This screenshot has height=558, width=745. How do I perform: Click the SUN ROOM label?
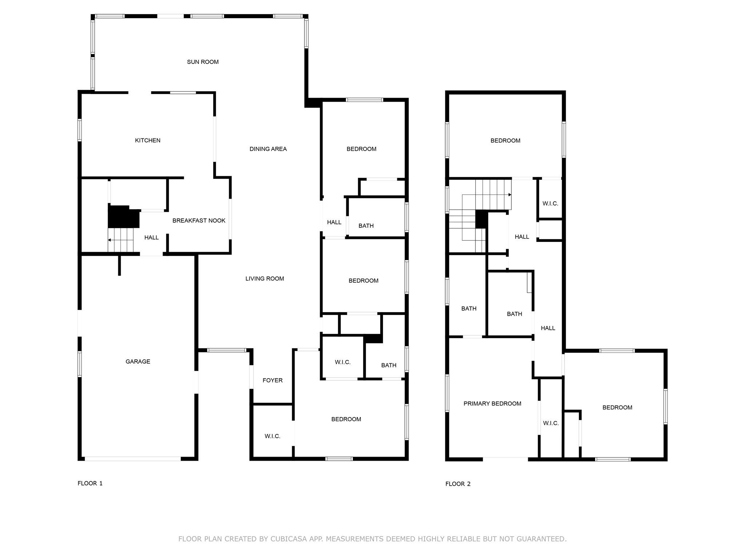tap(203, 62)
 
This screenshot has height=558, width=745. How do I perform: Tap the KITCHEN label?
tap(148, 140)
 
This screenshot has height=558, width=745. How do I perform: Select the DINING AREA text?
tap(268, 149)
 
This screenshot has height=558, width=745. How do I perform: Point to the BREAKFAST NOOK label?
tap(199, 221)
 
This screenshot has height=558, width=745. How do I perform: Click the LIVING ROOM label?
tap(265, 279)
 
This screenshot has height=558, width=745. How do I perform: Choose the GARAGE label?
tap(138, 361)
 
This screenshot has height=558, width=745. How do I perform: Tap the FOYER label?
tap(273, 380)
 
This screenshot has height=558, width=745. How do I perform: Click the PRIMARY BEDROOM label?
tap(493, 404)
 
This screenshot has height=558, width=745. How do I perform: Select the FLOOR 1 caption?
tap(90, 483)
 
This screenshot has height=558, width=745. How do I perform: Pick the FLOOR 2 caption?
tap(458, 484)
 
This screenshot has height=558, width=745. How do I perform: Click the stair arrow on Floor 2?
tap(487, 195)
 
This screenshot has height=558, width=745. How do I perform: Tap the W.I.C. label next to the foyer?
tap(272, 436)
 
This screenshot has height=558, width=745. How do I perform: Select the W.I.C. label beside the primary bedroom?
tap(551, 423)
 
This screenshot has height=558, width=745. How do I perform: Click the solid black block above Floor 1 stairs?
tap(124, 217)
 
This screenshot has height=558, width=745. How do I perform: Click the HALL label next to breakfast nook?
tap(151, 238)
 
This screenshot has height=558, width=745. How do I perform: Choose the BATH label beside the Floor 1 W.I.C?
tap(389, 365)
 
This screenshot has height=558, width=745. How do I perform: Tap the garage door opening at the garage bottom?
tap(133, 459)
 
